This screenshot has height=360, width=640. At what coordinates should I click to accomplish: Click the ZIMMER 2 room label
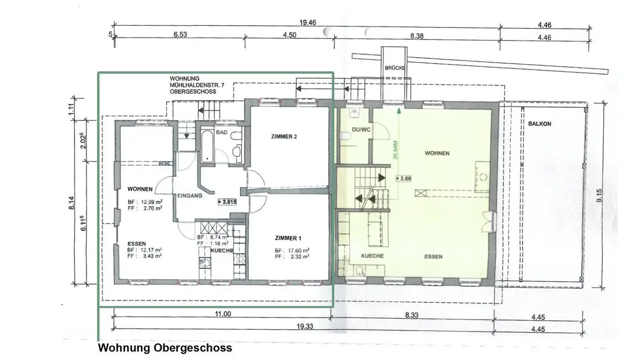[x=284, y=137]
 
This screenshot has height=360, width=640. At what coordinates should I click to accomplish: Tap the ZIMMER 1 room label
[x=288, y=238]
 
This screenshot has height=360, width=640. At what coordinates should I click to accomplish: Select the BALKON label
[x=540, y=124]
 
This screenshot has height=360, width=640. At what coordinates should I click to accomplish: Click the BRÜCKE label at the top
[x=395, y=68]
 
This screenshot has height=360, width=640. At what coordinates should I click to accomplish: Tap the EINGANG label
[x=190, y=195]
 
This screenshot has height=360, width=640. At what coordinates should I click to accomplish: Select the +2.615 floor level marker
[x=227, y=201]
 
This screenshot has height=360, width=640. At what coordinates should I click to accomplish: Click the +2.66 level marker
[x=404, y=179]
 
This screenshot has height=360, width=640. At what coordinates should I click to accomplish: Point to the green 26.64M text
[x=395, y=150]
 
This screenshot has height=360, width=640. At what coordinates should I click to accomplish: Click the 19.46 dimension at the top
[x=306, y=23]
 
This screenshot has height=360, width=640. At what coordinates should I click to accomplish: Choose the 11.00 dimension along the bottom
[x=223, y=314]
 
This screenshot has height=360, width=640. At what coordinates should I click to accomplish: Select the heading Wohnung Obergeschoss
[x=164, y=348]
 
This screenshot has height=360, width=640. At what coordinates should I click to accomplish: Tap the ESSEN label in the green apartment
[x=433, y=256]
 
